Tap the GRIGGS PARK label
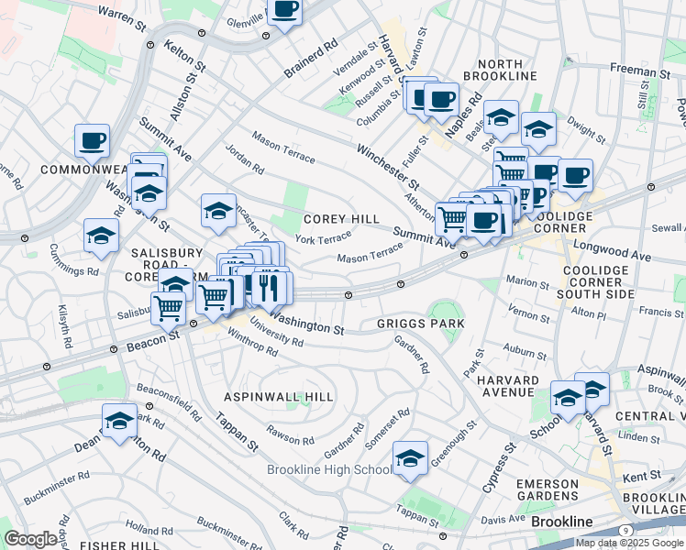point(421,324)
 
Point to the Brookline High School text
point(328,470)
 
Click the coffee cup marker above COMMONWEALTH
point(93,142)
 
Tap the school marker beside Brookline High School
point(410,459)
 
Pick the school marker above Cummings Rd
point(101,236)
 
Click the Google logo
point(30,539)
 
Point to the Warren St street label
point(122,17)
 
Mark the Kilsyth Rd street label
point(65,325)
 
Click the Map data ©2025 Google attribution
point(630,543)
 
